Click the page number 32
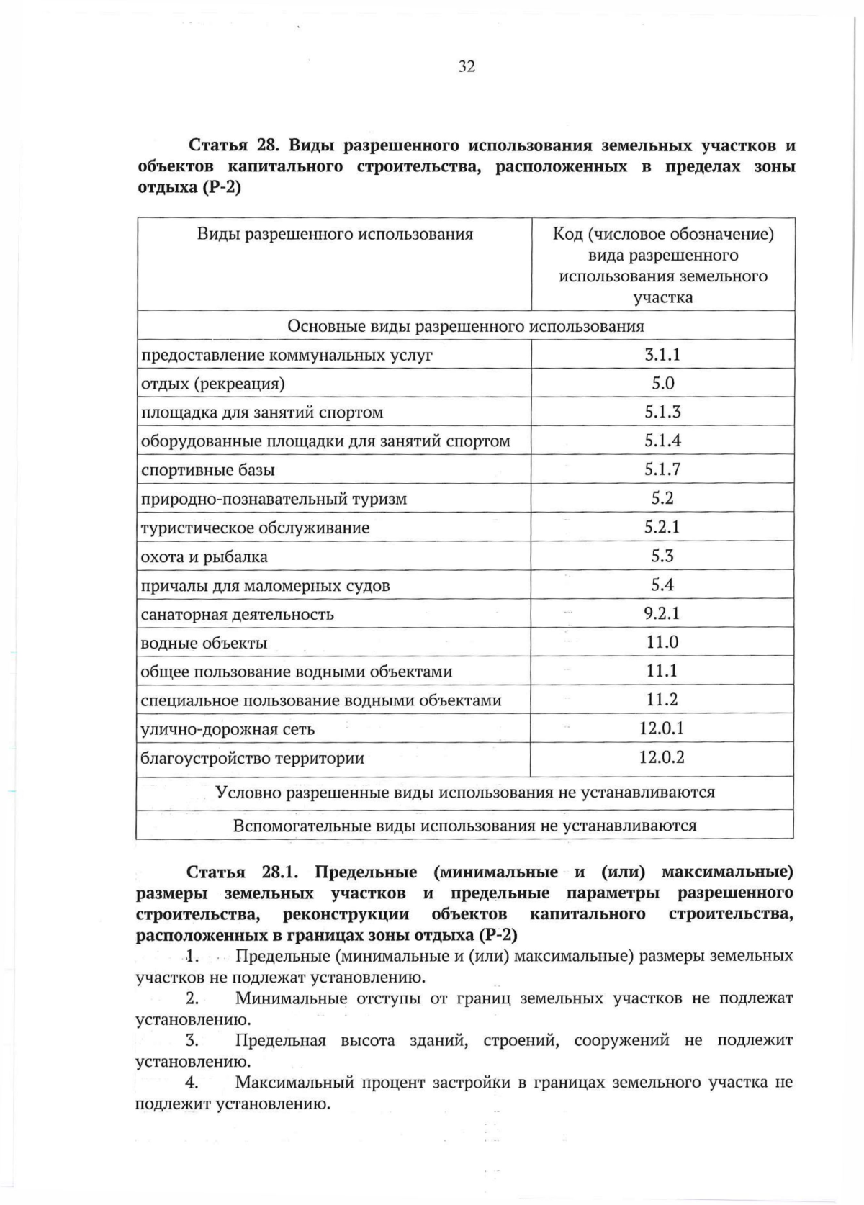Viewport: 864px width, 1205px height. pos(467,67)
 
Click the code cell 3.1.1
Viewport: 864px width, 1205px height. pos(662,354)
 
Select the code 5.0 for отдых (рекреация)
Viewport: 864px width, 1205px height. pos(662,383)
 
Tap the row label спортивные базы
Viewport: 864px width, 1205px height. pos(208,470)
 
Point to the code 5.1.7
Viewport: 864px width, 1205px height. pos(662,469)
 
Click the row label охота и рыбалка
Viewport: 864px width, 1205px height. pos(204,556)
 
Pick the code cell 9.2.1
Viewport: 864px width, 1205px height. pos(662,613)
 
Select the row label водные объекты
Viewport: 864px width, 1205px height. pos(204,643)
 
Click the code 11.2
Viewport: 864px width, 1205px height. pos(662,700)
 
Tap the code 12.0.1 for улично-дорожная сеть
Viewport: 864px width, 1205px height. pos(662,728)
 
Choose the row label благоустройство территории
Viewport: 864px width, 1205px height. pos(253,758)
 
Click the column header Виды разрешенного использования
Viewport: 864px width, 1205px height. pos(335,235)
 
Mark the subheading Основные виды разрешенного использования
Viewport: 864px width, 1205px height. pos(465,326)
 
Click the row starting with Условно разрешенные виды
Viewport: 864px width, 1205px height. pos(465,793)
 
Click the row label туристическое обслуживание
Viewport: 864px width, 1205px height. pos(255,528)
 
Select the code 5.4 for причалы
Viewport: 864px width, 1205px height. pos(662,585)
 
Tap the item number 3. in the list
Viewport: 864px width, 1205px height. pos(192,1040)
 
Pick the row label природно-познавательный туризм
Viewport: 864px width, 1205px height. pos(274,499)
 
